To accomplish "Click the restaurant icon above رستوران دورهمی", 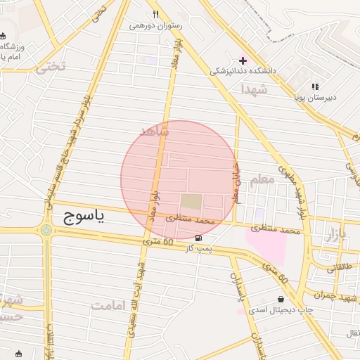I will pos(155,14).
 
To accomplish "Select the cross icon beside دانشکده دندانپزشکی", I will pos(243,60).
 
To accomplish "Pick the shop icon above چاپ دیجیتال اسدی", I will pos(281,299).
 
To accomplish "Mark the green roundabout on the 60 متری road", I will pos(46,230).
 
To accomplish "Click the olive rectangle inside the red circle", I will pos(191,202).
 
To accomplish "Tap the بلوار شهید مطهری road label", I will pos(291,190).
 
